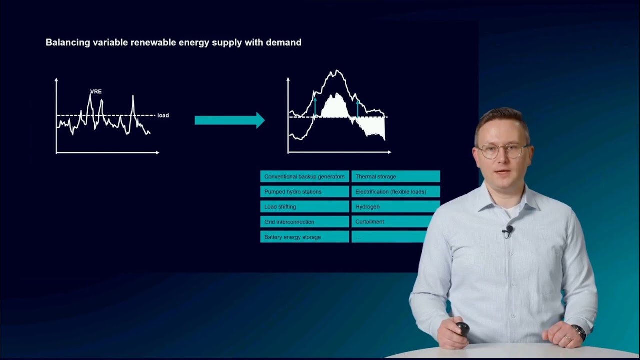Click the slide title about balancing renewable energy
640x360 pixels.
coord(173,43)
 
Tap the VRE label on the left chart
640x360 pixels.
coord(96,92)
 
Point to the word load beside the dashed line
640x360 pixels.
coord(163,115)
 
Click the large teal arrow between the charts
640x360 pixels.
coord(229,120)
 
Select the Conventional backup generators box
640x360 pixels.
coord(304,177)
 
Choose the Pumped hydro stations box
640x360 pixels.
coord(304,192)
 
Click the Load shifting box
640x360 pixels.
coord(304,207)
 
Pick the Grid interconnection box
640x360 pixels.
coord(304,222)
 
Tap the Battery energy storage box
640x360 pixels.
coord(304,237)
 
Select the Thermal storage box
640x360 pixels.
coord(395,177)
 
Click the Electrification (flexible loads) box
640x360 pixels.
coord(395,192)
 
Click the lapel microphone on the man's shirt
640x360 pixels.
coord(509,230)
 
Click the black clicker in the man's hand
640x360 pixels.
coord(462,328)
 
